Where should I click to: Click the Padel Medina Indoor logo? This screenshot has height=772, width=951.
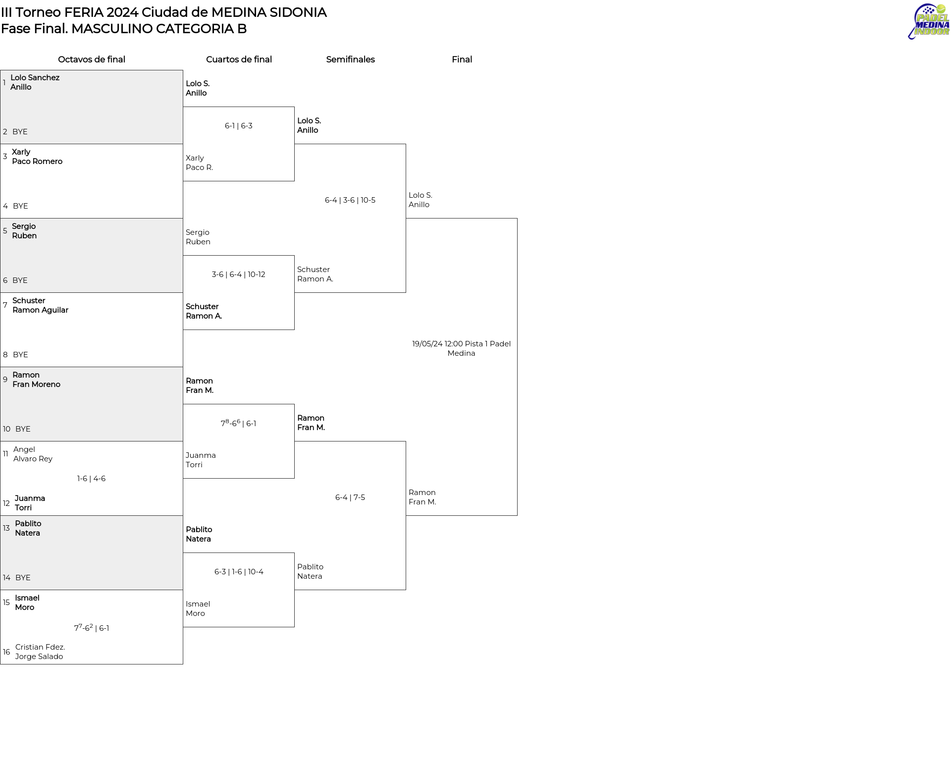(x=929, y=21)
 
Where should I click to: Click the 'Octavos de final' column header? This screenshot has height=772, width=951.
(x=92, y=59)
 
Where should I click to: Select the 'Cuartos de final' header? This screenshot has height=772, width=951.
(x=239, y=59)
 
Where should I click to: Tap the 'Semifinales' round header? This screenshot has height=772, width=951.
(x=350, y=59)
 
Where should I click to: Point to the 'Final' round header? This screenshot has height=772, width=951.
(x=462, y=59)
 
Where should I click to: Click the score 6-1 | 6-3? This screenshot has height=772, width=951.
(x=239, y=126)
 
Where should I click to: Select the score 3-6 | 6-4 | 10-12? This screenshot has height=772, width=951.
(x=239, y=275)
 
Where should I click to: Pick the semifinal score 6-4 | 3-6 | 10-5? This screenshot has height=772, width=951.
(x=350, y=200)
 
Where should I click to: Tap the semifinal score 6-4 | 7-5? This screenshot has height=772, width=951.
(x=350, y=497)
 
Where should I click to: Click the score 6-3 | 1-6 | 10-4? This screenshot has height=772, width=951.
(x=239, y=572)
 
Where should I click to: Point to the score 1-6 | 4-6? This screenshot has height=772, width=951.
(x=91, y=479)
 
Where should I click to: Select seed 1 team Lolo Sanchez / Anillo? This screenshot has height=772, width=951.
(x=35, y=82)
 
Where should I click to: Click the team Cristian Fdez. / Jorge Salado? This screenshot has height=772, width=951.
(x=40, y=652)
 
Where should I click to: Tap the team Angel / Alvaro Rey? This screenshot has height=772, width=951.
(x=33, y=454)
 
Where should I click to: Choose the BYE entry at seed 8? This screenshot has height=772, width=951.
(x=20, y=355)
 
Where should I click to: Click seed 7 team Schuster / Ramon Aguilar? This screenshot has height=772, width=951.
(x=40, y=305)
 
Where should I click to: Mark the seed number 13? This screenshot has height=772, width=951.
(x=6, y=528)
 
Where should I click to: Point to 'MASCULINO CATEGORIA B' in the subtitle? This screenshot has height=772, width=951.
(x=159, y=29)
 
